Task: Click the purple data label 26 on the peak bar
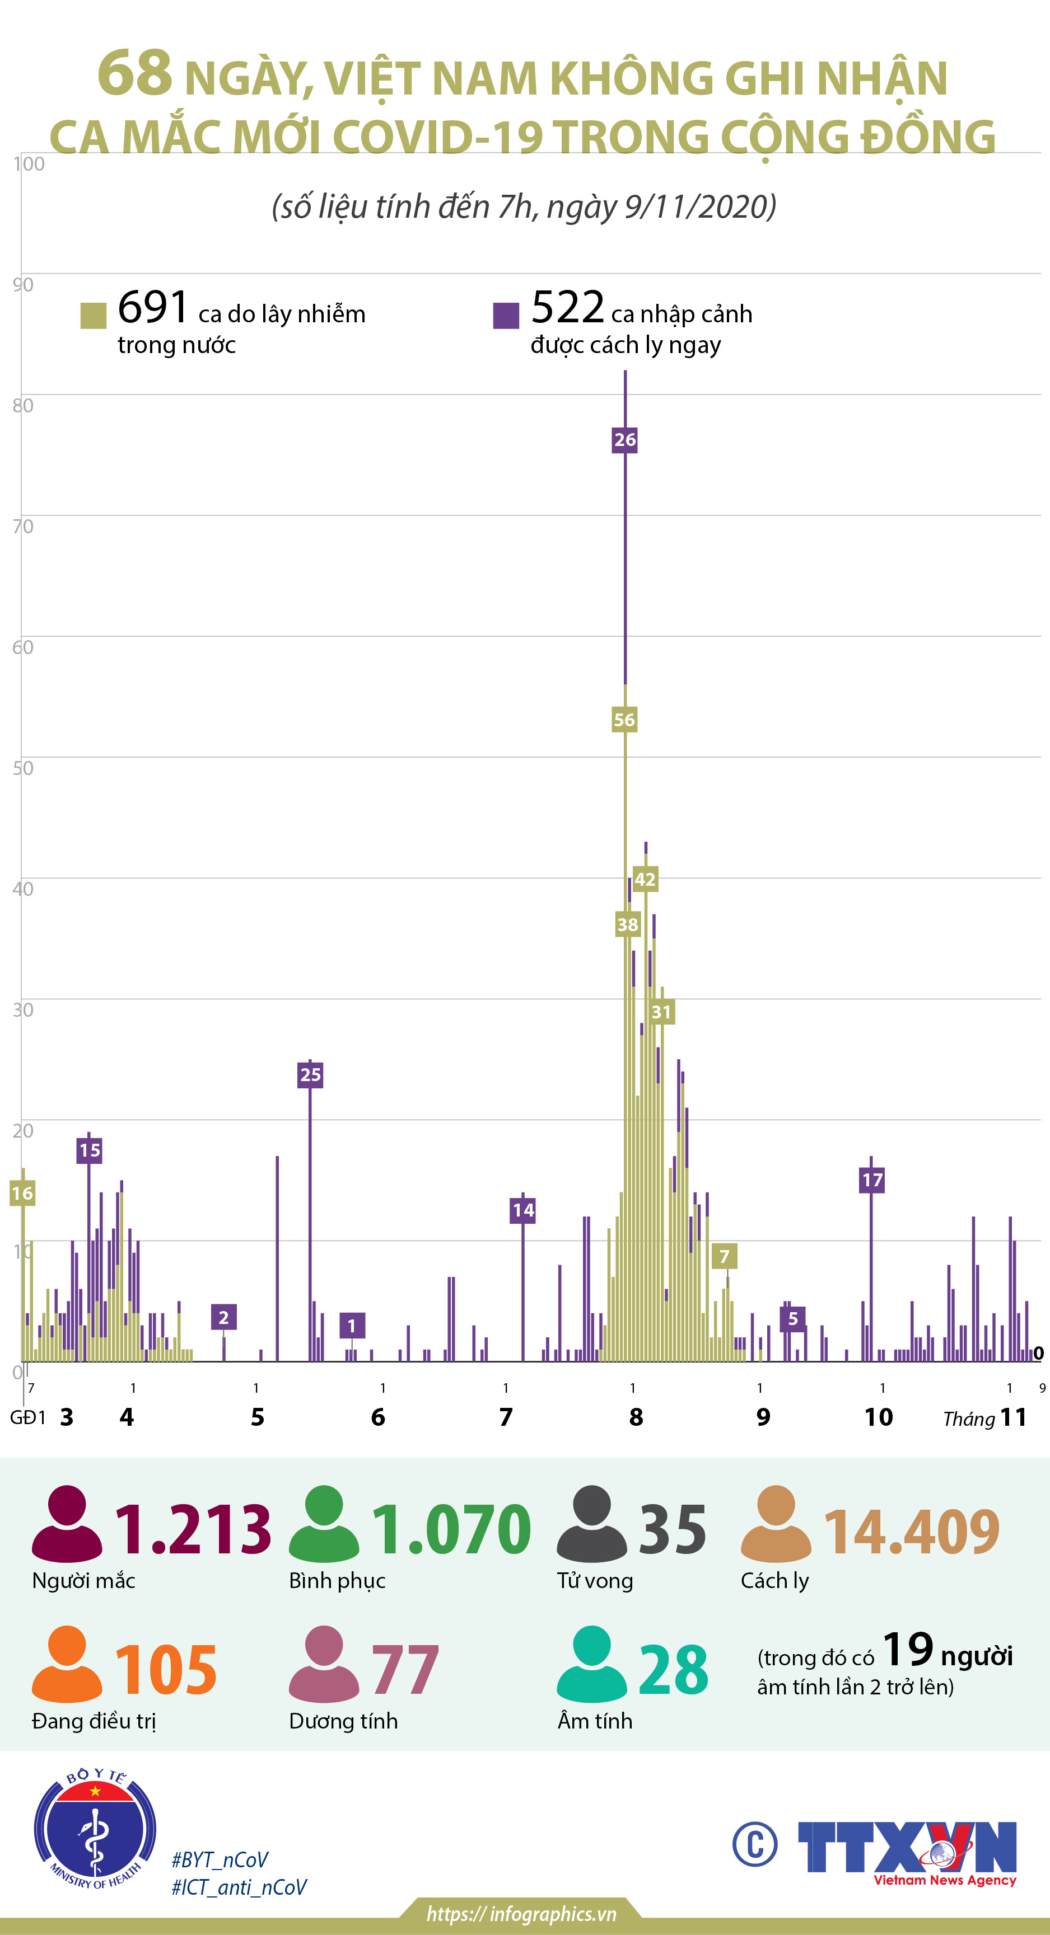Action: coord(624,439)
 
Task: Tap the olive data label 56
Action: coord(624,720)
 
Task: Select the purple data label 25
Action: coord(310,1074)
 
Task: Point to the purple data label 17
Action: coord(872,1180)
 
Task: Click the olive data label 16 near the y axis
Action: coord(22,1193)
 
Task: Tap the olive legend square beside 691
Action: coord(93,316)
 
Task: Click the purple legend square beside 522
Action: coord(506,316)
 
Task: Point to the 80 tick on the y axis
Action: coord(22,406)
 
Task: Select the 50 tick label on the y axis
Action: coord(22,768)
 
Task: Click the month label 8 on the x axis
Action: coord(636,1417)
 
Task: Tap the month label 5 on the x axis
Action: coord(257,1417)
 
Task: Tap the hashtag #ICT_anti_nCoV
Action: coord(239,1887)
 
